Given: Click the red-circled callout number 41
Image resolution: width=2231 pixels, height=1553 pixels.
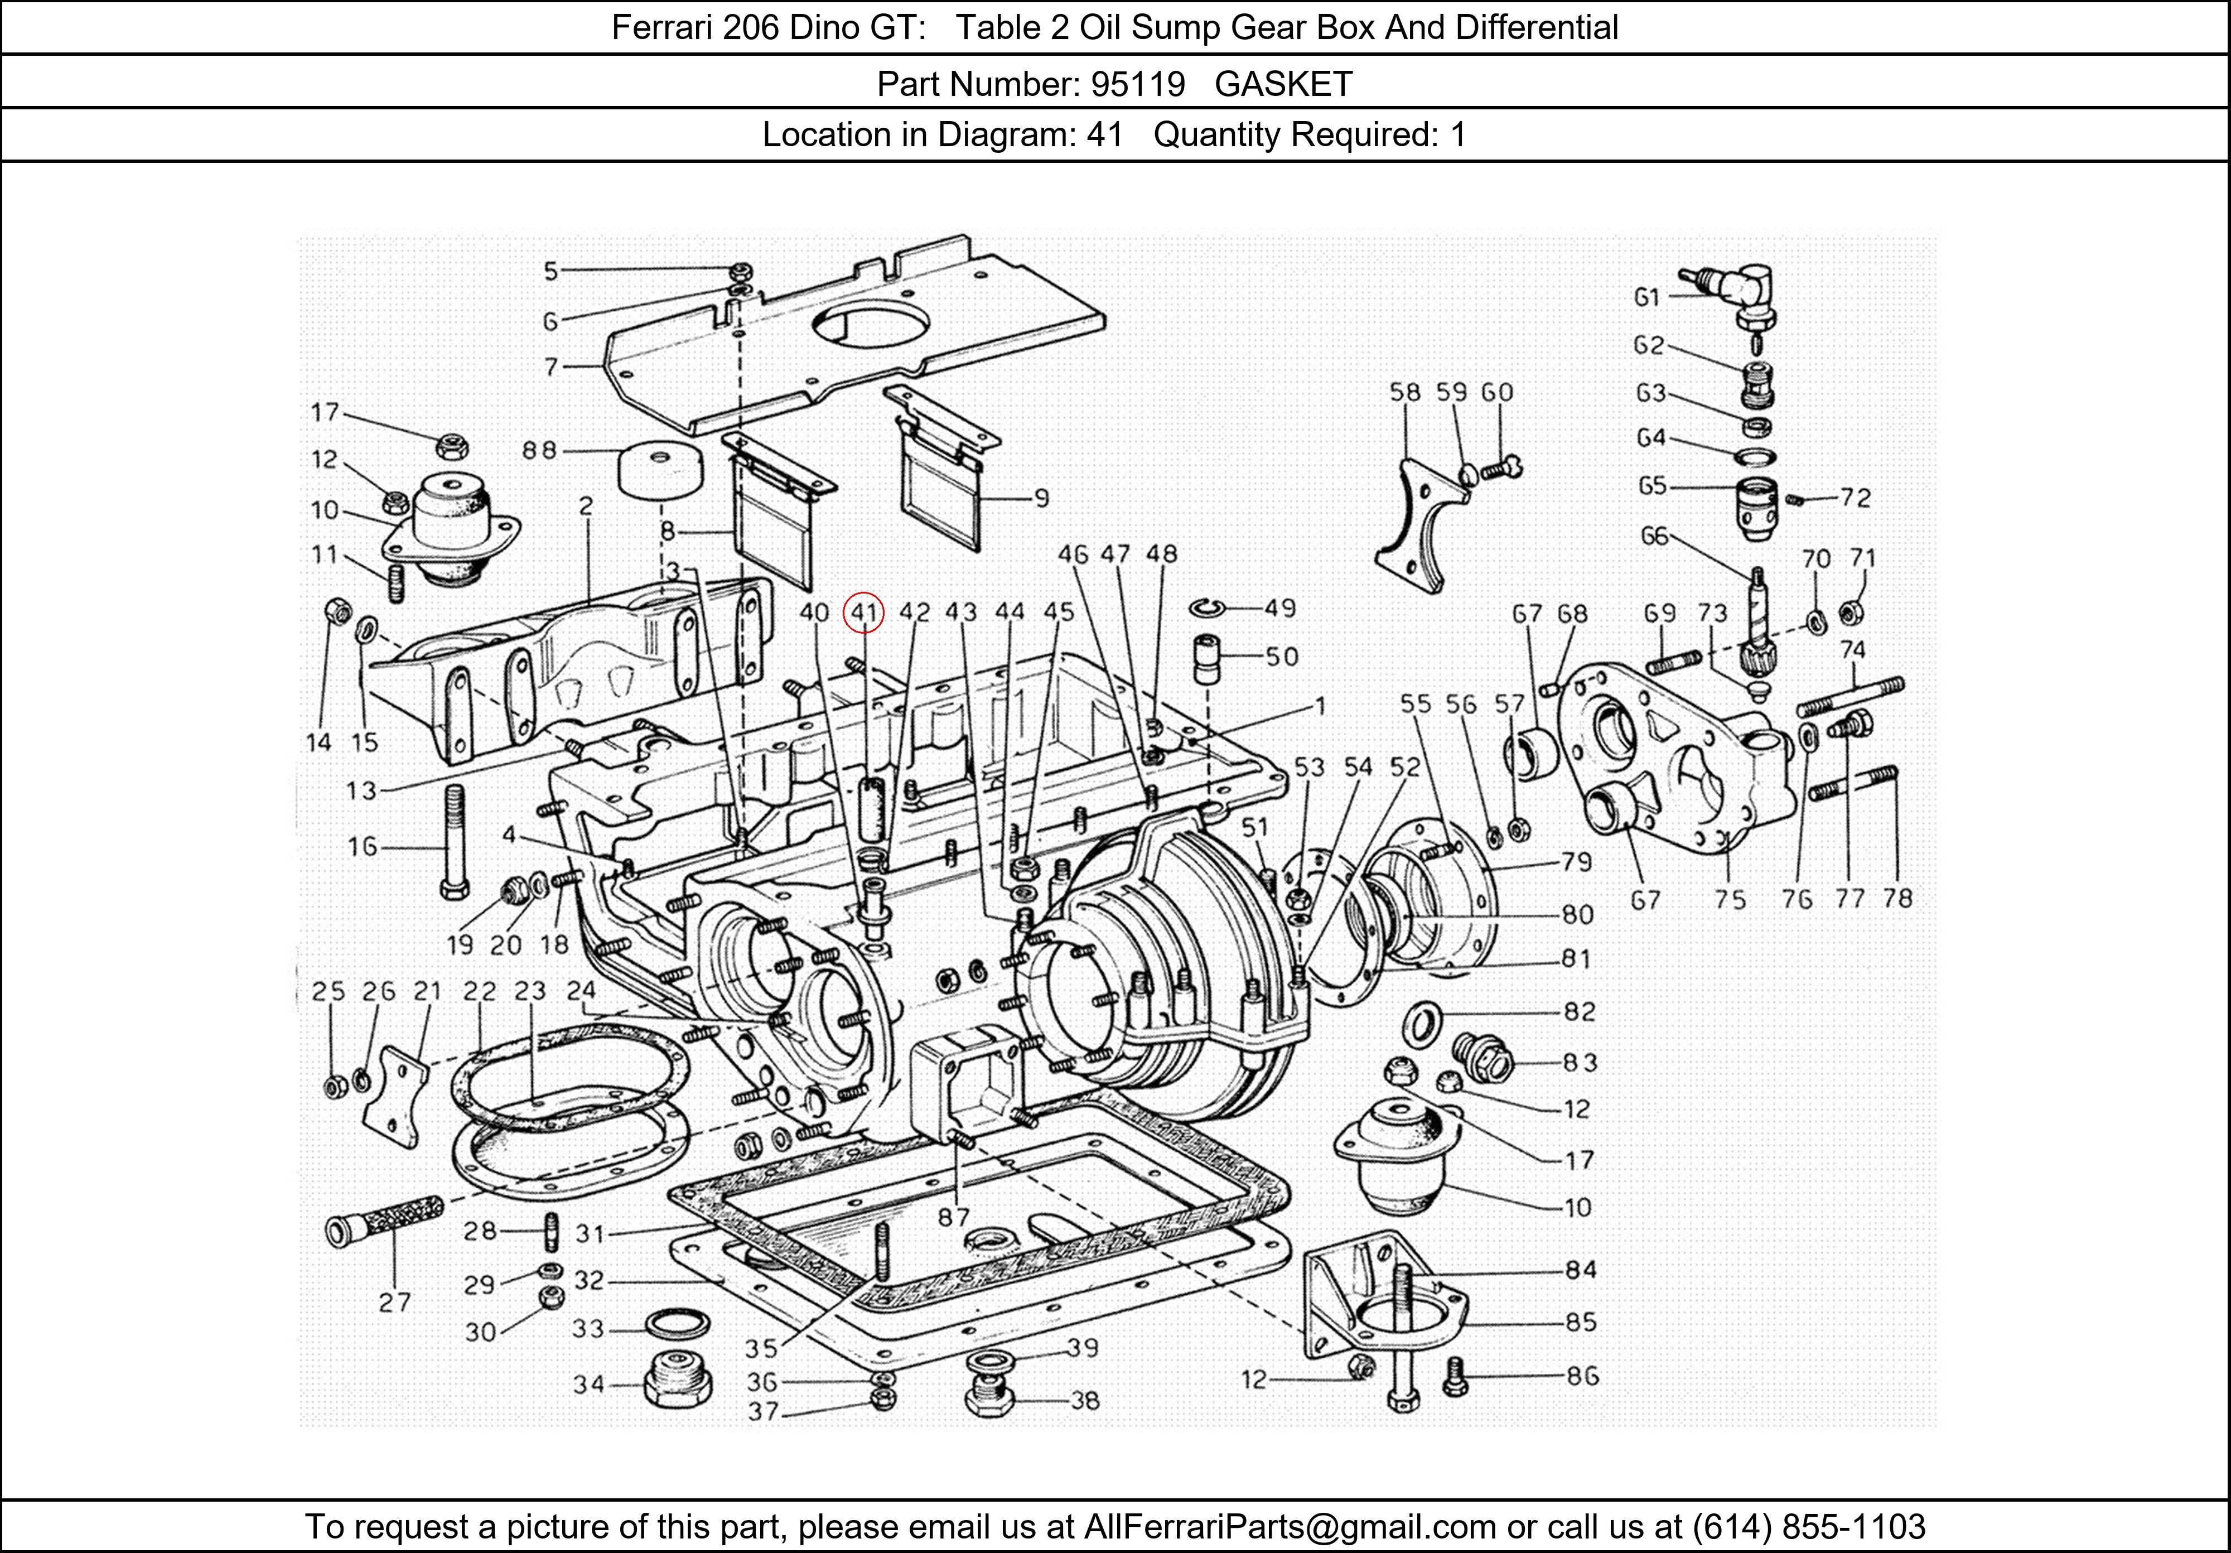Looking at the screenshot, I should [x=864, y=612].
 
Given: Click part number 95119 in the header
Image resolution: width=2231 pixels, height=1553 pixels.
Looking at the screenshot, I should [x=1137, y=85].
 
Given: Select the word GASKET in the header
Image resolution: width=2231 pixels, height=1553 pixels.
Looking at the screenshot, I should [x=1283, y=85].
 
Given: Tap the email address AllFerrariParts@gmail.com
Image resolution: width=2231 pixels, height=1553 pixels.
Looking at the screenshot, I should [x=1290, y=1527].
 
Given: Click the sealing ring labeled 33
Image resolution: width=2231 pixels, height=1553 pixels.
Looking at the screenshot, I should [x=677, y=1324].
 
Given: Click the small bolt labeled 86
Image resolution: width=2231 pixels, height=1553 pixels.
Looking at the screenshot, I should [x=1453, y=1375].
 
